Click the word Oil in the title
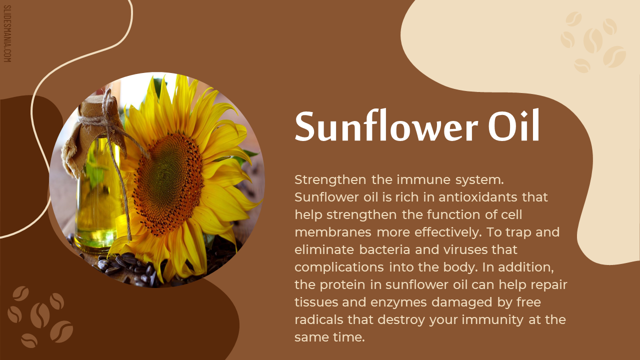pos(513,124)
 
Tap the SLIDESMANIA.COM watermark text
pos(7,33)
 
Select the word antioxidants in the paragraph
pos(477,197)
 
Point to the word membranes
pos(333,232)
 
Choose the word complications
pos(339,267)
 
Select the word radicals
pos(318,319)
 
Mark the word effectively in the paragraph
pos(447,232)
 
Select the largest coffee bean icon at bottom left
pos(40,315)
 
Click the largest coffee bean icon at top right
pos(593,40)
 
